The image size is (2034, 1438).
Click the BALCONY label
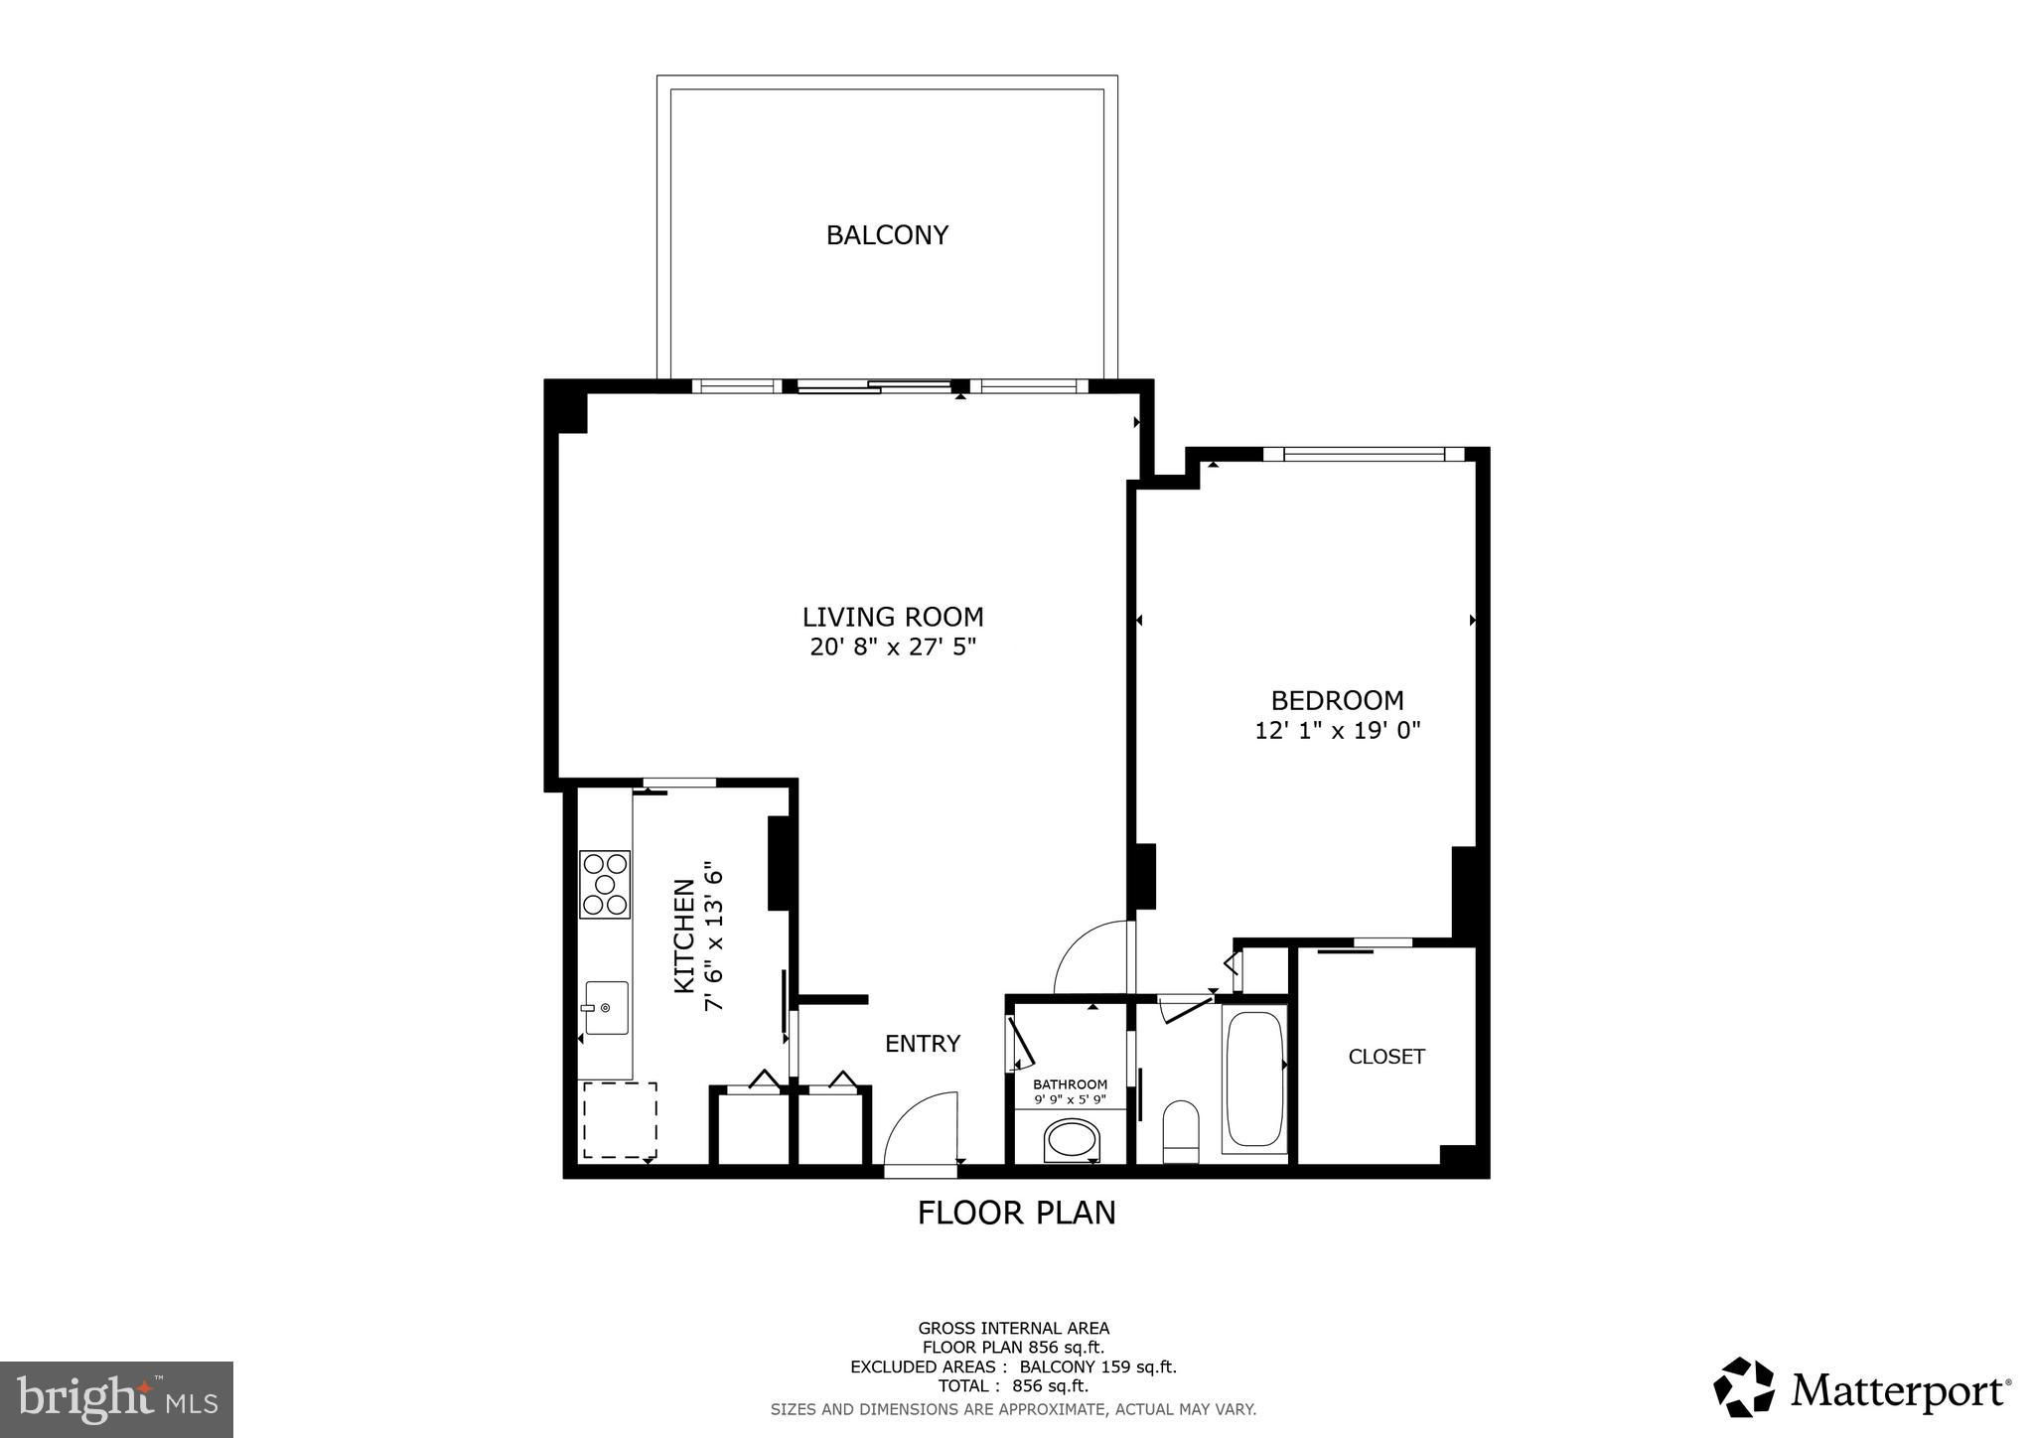887,235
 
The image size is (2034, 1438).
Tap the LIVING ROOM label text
893,617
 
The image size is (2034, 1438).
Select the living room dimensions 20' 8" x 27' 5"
893,647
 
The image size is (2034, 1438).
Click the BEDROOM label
1338,700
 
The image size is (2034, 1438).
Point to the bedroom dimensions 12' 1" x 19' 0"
1338,731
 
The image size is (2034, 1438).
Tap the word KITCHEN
684,935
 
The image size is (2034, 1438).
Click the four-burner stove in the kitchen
605,884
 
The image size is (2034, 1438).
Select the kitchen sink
606,1008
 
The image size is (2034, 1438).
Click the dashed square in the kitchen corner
620,1120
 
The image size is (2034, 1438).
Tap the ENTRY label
923,1044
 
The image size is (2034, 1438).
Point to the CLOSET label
1386,1057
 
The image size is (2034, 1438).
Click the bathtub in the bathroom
1254,1079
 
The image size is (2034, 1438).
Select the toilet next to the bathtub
1180,1131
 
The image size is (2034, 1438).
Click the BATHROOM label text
1070,1084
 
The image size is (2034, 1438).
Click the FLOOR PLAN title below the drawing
1016,1214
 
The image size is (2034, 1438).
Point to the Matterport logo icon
1743,1386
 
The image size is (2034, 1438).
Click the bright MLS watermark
116,1398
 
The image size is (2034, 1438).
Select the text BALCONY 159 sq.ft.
1097,1366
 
